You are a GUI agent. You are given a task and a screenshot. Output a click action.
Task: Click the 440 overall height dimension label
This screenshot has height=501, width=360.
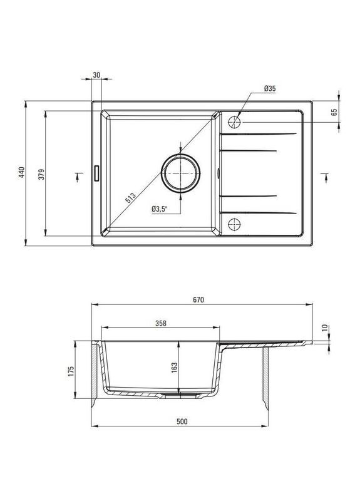click(21, 173)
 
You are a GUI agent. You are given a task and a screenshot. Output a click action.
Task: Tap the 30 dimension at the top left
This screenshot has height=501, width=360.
click(96, 75)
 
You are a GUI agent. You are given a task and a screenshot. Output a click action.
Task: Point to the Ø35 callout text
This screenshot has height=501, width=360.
click(269, 90)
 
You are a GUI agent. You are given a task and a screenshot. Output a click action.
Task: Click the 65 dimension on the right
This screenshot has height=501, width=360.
click(334, 113)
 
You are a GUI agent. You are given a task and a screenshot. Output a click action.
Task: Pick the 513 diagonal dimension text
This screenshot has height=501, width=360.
click(131, 199)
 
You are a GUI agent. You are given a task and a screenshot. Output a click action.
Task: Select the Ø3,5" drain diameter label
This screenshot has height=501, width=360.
click(160, 209)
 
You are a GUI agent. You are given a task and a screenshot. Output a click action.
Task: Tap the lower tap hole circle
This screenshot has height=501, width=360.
click(235, 222)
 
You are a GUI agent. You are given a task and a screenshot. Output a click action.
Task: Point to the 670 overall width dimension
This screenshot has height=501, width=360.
click(200, 299)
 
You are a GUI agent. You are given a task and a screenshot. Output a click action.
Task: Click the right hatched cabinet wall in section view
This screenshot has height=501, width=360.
click(265, 376)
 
